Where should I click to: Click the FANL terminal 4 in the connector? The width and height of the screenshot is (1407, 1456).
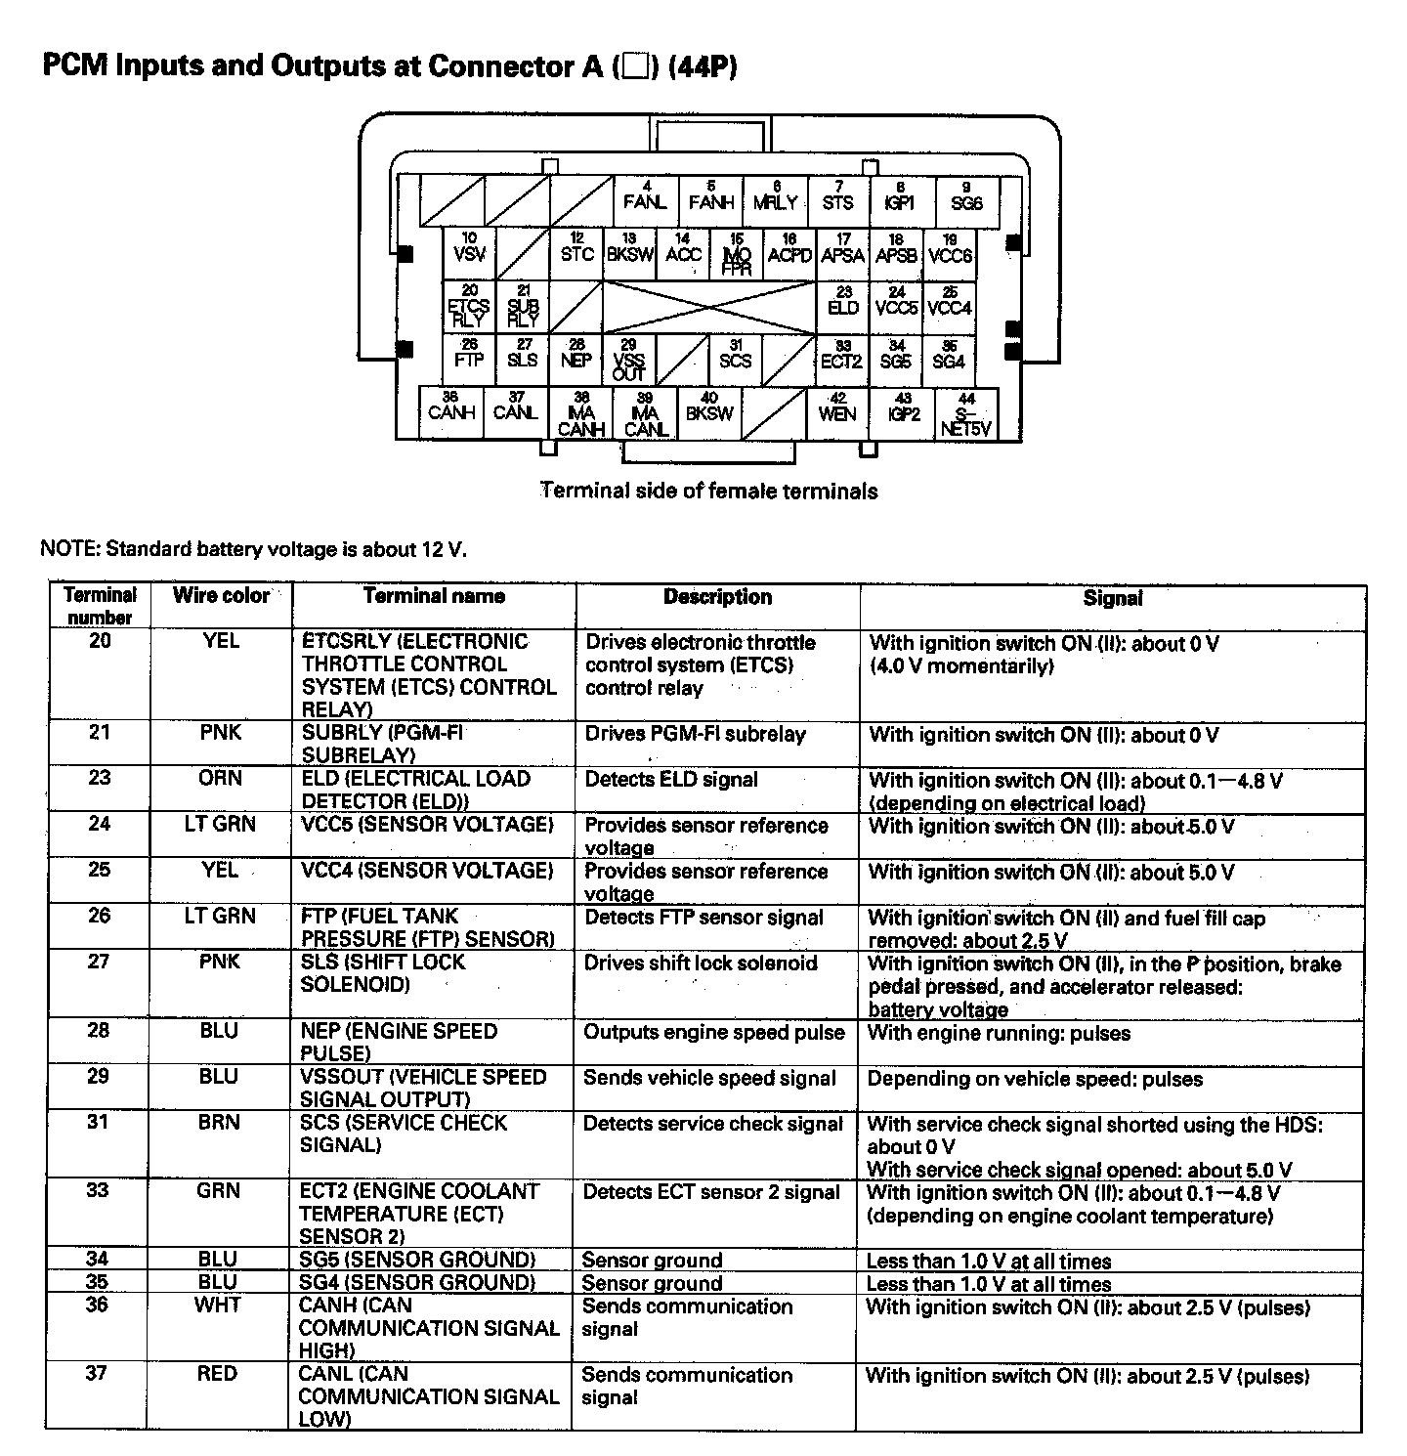[x=645, y=198]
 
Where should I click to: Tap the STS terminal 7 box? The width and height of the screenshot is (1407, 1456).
[x=837, y=198]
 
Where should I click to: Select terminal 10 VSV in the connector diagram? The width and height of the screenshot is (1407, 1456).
[x=470, y=250]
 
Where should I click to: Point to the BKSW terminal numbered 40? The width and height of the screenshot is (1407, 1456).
[x=709, y=409]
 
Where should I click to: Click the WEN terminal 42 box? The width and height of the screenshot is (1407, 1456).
[x=837, y=409]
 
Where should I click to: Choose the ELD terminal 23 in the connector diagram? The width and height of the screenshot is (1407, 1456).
[x=843, y=303]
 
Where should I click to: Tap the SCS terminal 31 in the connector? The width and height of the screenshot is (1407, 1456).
[x=736, y=357]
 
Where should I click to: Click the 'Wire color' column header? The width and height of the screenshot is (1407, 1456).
[x=221, y=595]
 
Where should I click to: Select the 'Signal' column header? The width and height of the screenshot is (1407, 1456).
[x=1113, y=598]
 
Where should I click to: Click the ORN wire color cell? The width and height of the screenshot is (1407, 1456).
[x=220, y=779]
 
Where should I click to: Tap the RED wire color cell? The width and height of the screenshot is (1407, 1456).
[x=217, y=1374]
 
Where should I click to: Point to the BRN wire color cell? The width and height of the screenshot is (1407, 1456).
[x=218, y=1123]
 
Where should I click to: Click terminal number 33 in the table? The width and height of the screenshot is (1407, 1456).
[x=98, y=1191]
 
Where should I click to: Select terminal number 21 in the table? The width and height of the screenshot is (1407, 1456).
[x=100, y=733]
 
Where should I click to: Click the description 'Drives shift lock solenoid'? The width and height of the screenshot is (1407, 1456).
[x=701, y=964]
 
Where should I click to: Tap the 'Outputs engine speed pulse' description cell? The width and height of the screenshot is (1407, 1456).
[x=714, y=1033]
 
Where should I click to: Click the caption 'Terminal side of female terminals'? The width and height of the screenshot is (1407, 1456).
[x=709, y=491]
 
